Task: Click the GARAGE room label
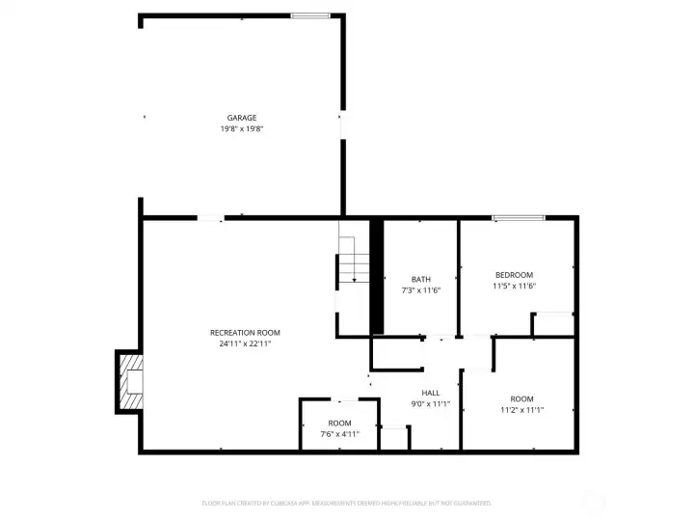(x=242, y=118)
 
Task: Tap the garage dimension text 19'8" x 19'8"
(x=242, y=128)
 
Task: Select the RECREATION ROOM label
(x=245, y=333)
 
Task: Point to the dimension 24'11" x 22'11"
(x=245, y=343)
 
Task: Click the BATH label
(x=421, y=280)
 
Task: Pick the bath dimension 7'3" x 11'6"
(x=421, y=290)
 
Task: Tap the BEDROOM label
(x=514, y=275)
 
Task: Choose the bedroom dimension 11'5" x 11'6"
(x=514, y=286)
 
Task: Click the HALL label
(x=431, y=393)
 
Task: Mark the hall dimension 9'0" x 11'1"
(x=431, y=403)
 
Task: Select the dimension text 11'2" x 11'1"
(x=521, y=410)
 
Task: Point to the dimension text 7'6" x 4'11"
(x=339, y=434)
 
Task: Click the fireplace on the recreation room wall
(x=130, y=383)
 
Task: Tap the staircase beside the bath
(x=353, y=265)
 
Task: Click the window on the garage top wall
(x=310, y=15)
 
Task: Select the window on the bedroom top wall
(x=519, y=218)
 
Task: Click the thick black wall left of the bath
(x=377, y=277)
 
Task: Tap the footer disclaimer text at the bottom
(x=347, y=503)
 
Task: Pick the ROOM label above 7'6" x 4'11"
(x=339, y=424)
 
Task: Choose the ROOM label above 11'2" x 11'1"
(x=521, y=399)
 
